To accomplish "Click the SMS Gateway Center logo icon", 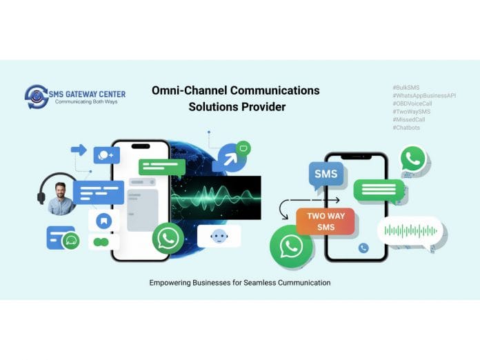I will [x=36, y=97].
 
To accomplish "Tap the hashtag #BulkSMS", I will [x=406, y=88].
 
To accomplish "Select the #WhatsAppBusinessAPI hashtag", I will [x=423, y=95].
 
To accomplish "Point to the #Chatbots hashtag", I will [x=406, y=127].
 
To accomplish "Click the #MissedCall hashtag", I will [x=409, y=119].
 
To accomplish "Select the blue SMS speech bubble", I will [x=326, y=175].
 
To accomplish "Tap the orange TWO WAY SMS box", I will [x=326, y=221].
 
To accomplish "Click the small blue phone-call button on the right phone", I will [x=363, y=248].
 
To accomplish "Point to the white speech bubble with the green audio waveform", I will [x=410, y=230].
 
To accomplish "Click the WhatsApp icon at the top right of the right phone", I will [x=413, y=159].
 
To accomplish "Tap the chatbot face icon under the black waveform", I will [x=219, y=237].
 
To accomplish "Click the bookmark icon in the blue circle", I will [x=103, y=221].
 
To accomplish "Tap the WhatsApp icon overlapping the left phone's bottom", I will [x=168, y=239].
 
